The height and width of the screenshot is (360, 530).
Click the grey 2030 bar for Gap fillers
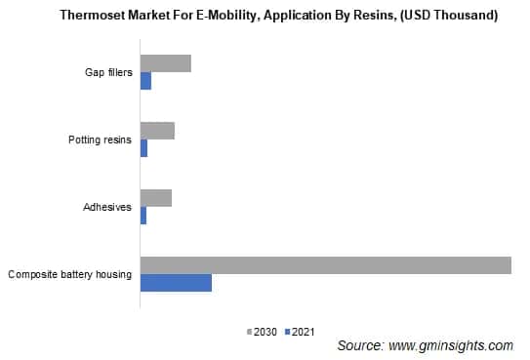click(x=166, y=63)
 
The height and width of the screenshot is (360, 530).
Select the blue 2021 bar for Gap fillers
click(x=145, y=81)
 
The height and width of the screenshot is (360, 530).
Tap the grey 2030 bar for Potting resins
click(x=157, y=131)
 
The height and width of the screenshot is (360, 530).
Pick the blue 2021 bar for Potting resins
click(x=143, y=148)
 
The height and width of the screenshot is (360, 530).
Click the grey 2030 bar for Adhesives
click(x=156, y=198)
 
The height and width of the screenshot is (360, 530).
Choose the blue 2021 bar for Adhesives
click(x=143, y=216)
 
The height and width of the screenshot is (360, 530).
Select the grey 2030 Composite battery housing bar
click(x=326, y=265)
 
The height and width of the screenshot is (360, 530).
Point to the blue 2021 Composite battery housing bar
click(x=176, y=283)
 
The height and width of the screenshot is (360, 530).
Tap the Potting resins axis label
click(x=100, y=140)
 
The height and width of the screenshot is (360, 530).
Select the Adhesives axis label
click(x=107, y=207)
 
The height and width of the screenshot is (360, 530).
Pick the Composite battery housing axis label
click(x=69, y=274)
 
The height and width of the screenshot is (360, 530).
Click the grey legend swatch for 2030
click(x=249, y=332)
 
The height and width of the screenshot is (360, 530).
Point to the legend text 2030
click(x=265, y=332)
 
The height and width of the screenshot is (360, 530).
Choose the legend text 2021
click(x=303, y=332)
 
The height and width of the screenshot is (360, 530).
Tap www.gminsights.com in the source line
click(x=452, y=345)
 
